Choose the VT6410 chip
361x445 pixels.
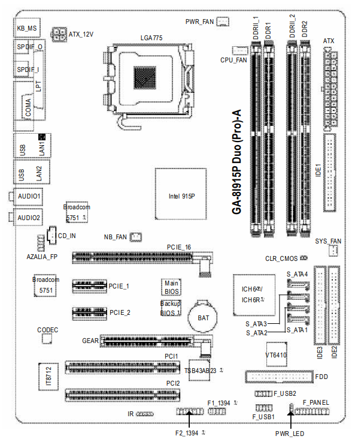click(275, 355)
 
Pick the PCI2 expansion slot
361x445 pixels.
click(123, 395)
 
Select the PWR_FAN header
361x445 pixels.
click(222, 22)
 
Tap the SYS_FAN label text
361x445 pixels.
click(327, 241)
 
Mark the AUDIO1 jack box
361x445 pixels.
click(28, 196)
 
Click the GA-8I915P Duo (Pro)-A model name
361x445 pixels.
click(235, 162)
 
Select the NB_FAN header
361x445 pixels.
click(136, 237)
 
